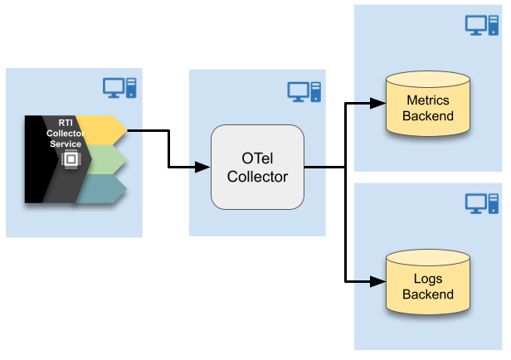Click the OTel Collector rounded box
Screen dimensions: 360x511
(257, 167)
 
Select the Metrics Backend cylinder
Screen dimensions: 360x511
(428, 106)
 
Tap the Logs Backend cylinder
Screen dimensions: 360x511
(428, 285)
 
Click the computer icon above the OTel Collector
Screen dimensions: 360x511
(304, 91)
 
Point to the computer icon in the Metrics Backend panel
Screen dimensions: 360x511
(481, 25)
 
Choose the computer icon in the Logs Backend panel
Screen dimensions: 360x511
(481, 202)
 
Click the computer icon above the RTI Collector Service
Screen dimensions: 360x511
(119, 86)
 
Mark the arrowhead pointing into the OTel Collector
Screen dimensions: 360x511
(204, 168)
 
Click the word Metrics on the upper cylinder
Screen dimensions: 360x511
(428, 100)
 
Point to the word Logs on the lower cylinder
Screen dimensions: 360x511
(428, 279)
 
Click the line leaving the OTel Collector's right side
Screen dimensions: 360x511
(315, 168)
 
